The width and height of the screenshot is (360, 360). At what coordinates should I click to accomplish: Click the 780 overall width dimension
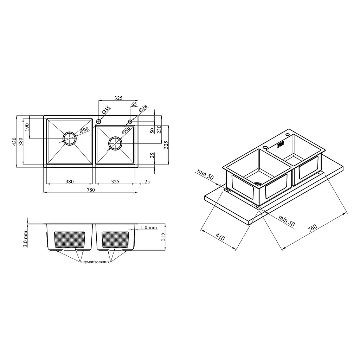(91, 190)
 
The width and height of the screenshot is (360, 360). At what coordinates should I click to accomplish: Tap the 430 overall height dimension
(14, 142)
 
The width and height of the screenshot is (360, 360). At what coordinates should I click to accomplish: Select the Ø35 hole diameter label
(106, 110)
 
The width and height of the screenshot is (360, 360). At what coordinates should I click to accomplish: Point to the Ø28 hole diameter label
(143, 109)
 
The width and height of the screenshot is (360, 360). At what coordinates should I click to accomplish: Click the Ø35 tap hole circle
(99, 121)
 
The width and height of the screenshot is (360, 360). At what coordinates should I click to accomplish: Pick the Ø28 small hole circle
(130, 121)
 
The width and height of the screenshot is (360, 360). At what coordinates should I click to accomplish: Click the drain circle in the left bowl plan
(70, 139)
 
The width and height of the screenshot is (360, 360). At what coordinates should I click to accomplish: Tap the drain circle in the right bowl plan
(115, 143)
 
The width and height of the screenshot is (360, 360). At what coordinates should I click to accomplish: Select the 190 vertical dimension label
(27, 127)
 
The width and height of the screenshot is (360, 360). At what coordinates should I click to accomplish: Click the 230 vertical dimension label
(159, 129)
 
